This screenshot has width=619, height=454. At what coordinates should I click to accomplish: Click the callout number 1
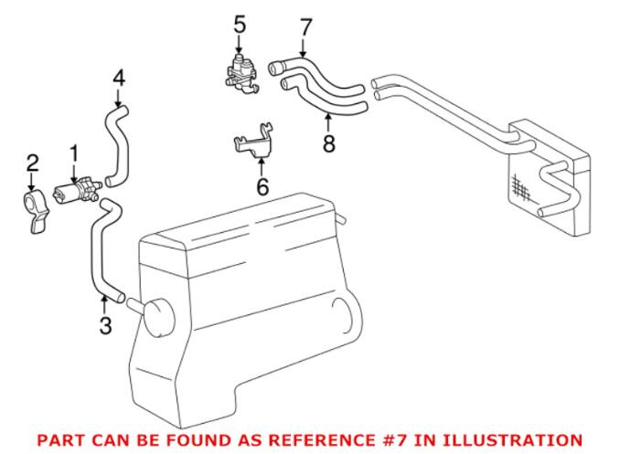pos(75,154)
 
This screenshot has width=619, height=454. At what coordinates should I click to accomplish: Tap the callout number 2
pos(32,164)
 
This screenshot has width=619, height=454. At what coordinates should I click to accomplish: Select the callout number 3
pos(105,324)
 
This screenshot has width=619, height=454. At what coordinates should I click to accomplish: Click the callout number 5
pos(240,24)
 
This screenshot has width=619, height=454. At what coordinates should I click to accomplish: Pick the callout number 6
pos(261,187)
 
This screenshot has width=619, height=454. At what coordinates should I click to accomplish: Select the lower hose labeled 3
pos(99,247)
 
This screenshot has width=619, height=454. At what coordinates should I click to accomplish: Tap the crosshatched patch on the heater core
pos(522,186)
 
